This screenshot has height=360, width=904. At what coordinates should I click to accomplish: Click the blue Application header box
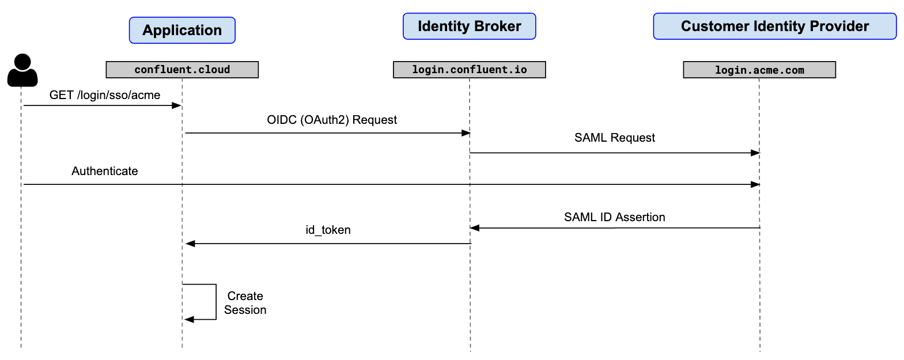[182, 30]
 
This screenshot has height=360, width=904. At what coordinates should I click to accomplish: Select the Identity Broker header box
[469, 26]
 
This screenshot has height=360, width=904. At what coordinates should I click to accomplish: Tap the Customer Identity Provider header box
[774, 26]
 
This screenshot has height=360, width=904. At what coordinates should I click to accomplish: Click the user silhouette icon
[22, 70]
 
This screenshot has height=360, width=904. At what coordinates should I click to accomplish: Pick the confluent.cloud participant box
[182, 70]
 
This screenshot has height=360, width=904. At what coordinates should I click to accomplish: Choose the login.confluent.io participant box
[469, 70]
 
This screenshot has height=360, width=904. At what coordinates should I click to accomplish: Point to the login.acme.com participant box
[759, 70]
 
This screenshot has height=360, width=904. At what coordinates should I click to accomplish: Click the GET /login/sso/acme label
[105, 95]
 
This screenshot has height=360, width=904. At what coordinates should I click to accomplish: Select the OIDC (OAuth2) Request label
[332, 120]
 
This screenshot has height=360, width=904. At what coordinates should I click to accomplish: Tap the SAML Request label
[614, 138]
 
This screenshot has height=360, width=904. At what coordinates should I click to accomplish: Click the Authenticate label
[105, 171]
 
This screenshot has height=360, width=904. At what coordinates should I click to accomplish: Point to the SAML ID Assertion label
[614, 217]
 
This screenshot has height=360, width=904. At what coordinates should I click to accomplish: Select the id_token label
[328, 230]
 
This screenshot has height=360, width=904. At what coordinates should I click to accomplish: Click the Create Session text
[245, 303]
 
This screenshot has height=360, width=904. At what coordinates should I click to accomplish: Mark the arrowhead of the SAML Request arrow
[755, 153]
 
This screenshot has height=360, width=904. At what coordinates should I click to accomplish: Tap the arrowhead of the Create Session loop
[189, 319]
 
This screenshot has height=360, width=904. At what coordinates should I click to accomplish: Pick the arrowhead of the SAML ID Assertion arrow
[475, 228]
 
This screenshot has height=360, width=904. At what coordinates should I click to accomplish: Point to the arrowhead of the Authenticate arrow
[755, 184]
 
